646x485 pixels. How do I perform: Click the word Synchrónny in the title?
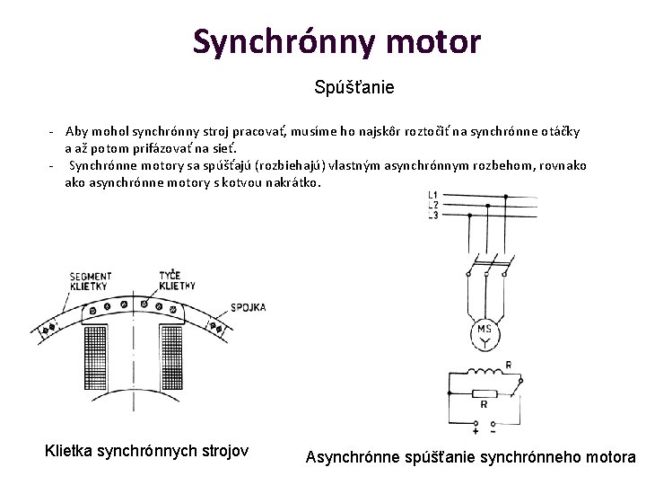tap(277, 40)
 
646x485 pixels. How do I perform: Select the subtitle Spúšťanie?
tap(354, 88)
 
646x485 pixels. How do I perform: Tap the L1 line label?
tap(433, 195)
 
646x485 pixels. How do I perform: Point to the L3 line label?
tap(433, 215)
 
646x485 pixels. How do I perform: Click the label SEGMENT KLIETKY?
tap(90, 281)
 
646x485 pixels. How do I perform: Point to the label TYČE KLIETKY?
tap(176, 279)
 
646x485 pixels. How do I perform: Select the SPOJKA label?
tap(249, 307)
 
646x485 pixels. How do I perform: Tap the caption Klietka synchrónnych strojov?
tap(146, 450)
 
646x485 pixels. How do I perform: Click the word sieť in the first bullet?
tap(225, 148)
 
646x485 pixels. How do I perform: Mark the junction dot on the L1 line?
tap(508, 195)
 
